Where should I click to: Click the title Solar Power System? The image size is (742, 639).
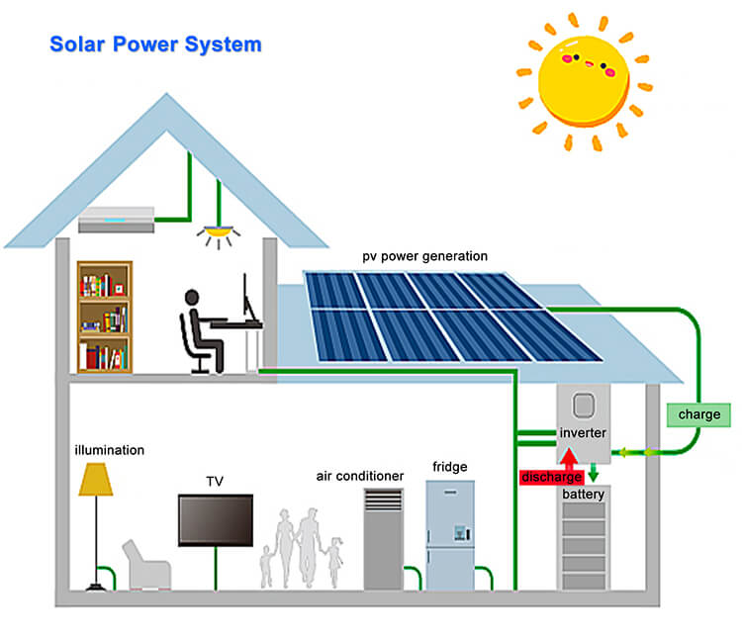pos(155,45)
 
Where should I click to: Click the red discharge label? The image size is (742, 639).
pos(551,478)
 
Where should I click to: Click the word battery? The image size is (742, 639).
pos(583,494)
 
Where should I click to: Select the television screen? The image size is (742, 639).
pos(216,519)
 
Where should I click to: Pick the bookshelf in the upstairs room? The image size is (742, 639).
pos(104,316)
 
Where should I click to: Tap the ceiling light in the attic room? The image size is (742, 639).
pos(218,235)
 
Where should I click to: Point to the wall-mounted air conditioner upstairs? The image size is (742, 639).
pos(117,219)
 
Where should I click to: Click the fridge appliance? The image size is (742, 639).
pos(450,535)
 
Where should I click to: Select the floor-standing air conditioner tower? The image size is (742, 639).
pos(384,540)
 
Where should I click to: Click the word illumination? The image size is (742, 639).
pos(110,450)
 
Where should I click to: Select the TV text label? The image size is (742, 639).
pos(215,481)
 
